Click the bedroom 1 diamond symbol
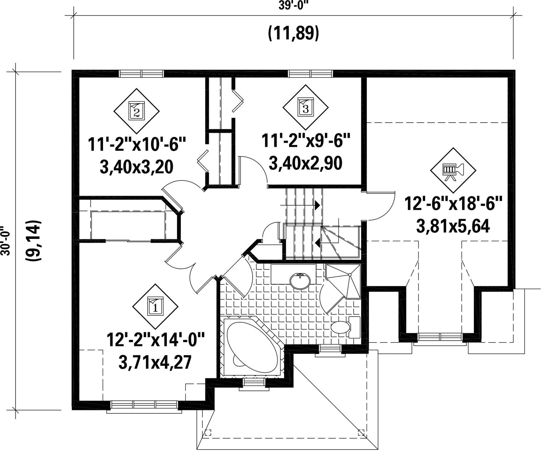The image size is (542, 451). click(x=155, y=306)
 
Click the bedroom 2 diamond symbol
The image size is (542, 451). click(x=136, y=111)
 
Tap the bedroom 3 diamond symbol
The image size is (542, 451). click(x=306, y=107)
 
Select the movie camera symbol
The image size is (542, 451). click(x=453, y=170)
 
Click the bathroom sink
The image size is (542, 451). click(x=300, y=281)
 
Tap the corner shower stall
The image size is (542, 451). click(x=343, y=281)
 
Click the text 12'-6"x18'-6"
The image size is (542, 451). click(x=453, y=204)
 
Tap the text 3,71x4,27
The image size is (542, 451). click(x=155, y=362)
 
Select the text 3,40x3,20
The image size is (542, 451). click(x=136, y=168)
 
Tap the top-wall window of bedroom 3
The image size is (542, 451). click(x=311, y=74)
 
